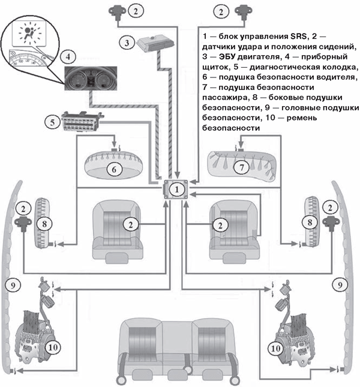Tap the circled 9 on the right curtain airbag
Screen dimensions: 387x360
point(340,283)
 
